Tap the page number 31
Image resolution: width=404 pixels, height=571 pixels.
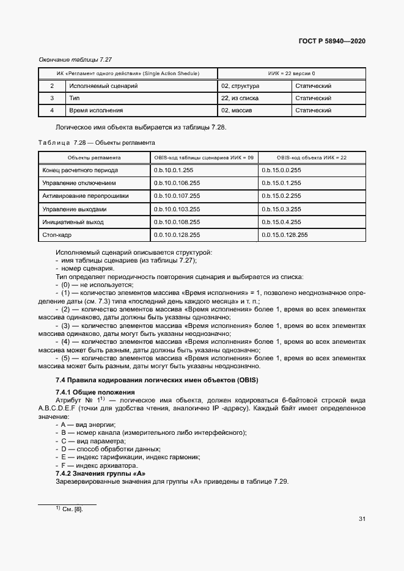tap(362, 519)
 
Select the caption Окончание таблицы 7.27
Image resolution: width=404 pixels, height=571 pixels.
tap(71, 59)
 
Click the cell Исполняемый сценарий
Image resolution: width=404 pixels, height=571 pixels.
tap(103, 86)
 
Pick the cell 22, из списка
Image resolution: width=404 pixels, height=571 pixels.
tap(240, 98)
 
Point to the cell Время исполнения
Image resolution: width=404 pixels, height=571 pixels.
tap(96, 111)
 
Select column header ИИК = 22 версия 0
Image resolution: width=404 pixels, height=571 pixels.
tap(292, 74)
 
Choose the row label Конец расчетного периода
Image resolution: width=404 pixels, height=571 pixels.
tap(80, 170)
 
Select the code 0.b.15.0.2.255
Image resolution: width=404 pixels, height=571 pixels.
tap(281, 196)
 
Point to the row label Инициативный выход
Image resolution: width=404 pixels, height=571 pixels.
tap(73, 222)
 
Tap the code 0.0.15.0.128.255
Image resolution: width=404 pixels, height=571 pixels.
tap(285, 235)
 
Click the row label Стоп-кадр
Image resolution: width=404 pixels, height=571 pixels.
tap(56, 235)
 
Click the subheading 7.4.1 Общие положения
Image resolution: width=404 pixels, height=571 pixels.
tap(95, 391)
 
